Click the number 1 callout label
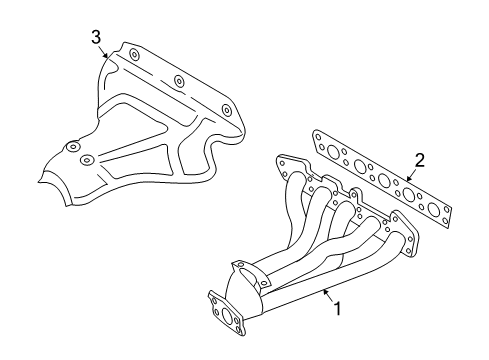pyautogui.click(x=337, y=309)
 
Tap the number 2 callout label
pyautogui.click(x=420, y=159)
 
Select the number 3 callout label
pyautogui.click(x=96, y=37)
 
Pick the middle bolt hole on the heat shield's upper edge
pyautogui.click(x=177, y=80)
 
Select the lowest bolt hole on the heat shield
pyautogui.click(x=87, y=161)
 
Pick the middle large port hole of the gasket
pyautogui.click(x=384, y=181)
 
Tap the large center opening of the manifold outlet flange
pyautogui.click(x=227, y=321)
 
